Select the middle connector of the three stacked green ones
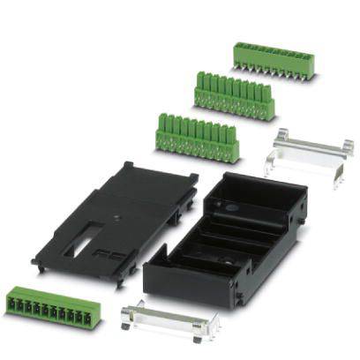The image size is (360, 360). point(234,97)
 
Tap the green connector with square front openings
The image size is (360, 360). point(49,304)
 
